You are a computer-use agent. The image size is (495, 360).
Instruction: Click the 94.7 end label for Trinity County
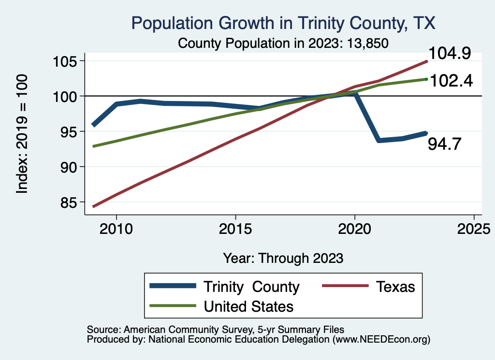coord(446,143)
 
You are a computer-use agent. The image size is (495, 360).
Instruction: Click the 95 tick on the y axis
coord(68,131)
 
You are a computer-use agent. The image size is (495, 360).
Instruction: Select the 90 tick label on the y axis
coord(68,167)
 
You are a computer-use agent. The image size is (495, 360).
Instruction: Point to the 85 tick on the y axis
coord(68,202)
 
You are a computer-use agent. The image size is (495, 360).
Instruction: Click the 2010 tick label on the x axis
coord(116,228)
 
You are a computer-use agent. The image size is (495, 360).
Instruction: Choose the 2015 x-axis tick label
coord(235,228)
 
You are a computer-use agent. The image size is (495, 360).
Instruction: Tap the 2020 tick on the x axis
coord(355,228)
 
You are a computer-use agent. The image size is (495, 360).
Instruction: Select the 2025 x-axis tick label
coord(474,228)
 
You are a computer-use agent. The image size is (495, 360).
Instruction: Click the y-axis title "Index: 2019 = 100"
coord(23,134)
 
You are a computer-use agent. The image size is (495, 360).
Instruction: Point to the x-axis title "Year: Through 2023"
coord(283,258)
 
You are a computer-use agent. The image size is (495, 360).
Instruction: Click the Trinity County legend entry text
coord(251,287)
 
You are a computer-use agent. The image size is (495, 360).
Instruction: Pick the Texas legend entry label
coord(395,287)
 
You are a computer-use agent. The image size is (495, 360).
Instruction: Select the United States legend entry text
coord(248,306)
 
